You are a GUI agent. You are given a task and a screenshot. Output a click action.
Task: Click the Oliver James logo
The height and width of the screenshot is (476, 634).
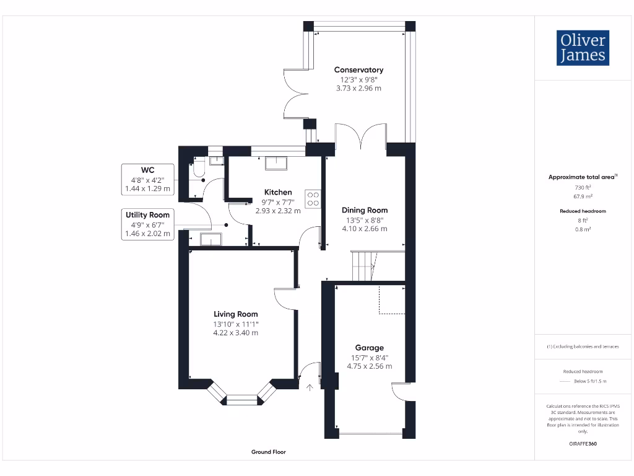[583, 48]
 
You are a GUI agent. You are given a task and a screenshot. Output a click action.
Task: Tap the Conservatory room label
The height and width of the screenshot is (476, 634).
[358, 70]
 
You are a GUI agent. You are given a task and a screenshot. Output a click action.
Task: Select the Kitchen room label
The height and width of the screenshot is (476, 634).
[277, 192]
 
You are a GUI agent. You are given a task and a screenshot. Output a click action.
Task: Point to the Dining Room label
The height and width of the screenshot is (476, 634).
[365, 210]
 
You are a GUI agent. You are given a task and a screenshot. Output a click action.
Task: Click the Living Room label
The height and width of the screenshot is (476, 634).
[235, 314]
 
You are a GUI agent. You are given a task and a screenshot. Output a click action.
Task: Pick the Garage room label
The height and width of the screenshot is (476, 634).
[369, 348]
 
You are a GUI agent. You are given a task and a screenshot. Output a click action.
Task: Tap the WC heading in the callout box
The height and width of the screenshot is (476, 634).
[147, 169]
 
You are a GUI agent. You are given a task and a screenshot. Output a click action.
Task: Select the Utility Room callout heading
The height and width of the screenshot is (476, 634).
[147, 214]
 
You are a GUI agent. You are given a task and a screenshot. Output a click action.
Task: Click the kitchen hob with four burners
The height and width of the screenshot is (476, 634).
[313, 198]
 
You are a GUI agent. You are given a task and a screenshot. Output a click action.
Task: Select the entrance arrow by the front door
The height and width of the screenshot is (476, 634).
[310, 388]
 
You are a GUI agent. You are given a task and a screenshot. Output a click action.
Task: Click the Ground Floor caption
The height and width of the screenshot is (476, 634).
[269, 452]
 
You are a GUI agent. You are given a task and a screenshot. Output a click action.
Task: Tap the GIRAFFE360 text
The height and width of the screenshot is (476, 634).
[583, 444]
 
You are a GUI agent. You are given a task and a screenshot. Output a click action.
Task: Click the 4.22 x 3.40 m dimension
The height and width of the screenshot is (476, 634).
[235, 333]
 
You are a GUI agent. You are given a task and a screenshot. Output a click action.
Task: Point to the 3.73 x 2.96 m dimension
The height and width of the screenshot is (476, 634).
[358, 88]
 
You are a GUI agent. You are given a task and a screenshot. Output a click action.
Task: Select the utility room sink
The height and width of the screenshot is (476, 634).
[211, 239]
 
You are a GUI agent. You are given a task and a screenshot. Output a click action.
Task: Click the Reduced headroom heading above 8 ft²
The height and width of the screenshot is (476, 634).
[583, 211]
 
